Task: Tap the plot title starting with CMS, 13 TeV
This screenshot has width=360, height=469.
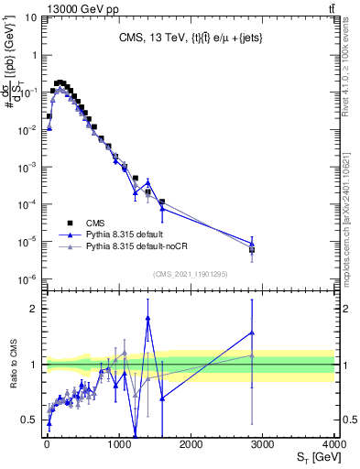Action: (190, 38)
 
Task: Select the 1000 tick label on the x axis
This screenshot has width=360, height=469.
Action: (117, 442)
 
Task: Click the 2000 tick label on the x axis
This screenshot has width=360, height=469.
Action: (190, 442)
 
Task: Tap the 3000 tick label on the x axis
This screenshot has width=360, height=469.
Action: (262, 442)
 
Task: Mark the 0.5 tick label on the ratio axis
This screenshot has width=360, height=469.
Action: (29, 420)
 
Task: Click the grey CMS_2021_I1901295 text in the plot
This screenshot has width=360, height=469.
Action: (190, 272)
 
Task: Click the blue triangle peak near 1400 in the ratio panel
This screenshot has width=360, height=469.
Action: (147, 317)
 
